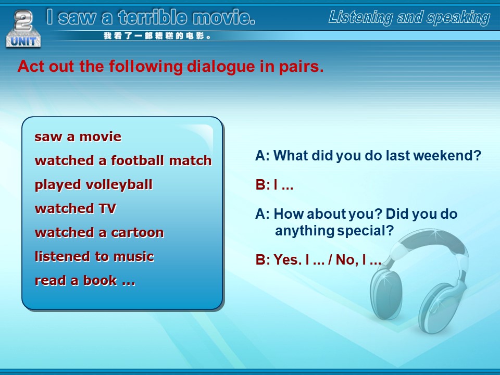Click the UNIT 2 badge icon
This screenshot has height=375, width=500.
[x=23, y=29]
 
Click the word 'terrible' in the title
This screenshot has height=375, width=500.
[x=152, y=17]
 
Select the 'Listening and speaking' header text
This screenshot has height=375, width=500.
[x=409, y=17]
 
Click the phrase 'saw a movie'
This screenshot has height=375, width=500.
[x=78, y=137]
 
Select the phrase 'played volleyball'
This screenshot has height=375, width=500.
[x=93, y=185]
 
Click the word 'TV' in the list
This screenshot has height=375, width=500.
[x=107, y=208]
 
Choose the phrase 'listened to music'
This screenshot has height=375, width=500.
[x=94, y=256]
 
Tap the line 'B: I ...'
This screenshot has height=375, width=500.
[x=274, y=184]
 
